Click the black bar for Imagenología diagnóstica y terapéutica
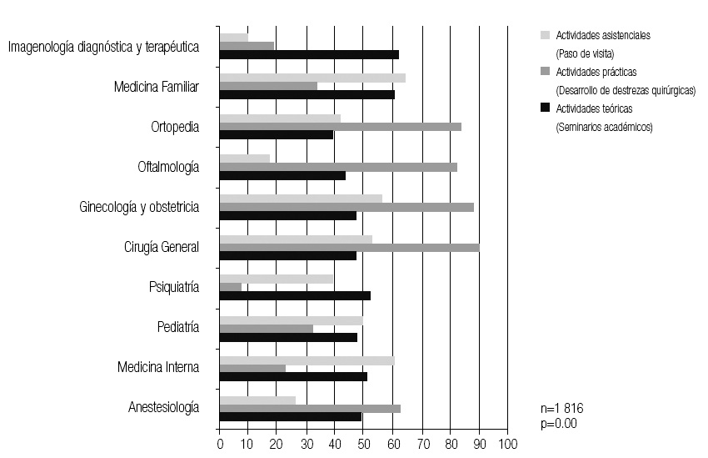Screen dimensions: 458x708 (309, 54)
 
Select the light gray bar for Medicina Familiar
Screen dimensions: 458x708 (312, 78)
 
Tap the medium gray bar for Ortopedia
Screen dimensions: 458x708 (340, 126)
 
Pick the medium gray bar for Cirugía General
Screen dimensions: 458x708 (349, 247)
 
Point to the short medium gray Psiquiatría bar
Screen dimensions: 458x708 (231, 287)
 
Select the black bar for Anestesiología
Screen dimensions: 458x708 (291, 417)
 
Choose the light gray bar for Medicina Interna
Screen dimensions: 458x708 (307, 360)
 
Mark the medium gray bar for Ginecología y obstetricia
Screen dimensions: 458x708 (347, 207)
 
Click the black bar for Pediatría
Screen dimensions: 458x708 (288, 337)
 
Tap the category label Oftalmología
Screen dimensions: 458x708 (168, 167)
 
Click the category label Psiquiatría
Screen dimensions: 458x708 (173, 287)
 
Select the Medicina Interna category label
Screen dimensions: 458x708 (158, 367)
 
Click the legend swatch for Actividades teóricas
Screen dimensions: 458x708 (546, 108)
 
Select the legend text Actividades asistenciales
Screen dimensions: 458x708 (602, 36)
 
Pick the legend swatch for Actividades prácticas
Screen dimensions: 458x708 (546, 72)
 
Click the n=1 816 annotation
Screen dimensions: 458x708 (563, 410)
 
